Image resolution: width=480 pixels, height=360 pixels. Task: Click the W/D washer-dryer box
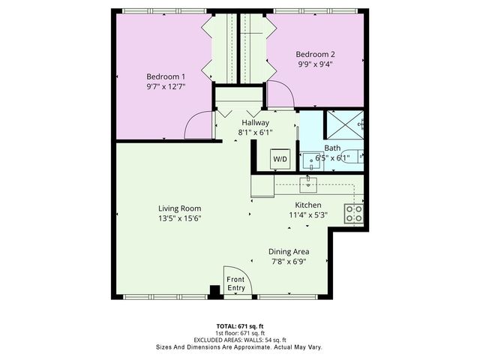tap(280, 160)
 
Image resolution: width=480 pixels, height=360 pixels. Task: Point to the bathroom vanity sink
tap(310, 159)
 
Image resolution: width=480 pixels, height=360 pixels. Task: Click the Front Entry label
tap(236, 284)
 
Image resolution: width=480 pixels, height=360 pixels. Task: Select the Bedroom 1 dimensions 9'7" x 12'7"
tap(166, 87)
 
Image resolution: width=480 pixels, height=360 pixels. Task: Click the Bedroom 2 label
tap(315, 54)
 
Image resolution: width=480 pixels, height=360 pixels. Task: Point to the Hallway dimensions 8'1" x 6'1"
tap(256, 132)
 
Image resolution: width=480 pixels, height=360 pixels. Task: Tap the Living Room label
tap(179, 208)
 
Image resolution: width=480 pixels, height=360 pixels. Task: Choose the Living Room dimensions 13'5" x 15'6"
tap(179, 218)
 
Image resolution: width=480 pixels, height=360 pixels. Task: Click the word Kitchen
tap(307, 205)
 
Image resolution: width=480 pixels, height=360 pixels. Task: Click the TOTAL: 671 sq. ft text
tap(239, 325)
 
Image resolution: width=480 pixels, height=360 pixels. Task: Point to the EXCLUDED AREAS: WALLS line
tap(239, 340)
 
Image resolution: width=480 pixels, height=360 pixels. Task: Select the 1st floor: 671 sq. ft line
tap(239, 333)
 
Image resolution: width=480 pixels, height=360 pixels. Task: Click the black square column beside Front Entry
tap(214, 290)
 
